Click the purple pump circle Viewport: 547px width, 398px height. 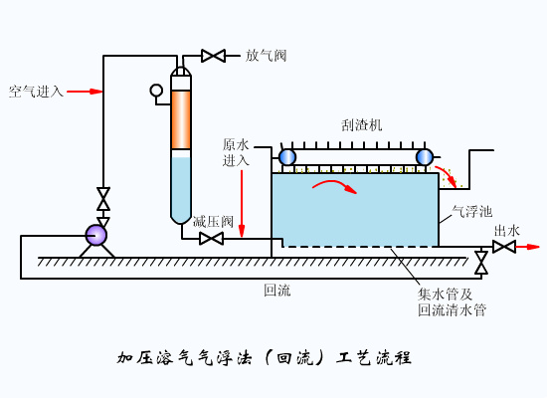[x=95, y=235]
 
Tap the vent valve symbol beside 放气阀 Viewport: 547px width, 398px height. [x=213, y=56]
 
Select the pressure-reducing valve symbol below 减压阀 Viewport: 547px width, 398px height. [x=211, y=239]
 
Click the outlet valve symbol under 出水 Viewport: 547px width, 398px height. [x=504, y=247]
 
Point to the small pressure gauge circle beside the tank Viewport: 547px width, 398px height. [x=156, y=91]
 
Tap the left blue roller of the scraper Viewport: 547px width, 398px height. [x=287, y=156]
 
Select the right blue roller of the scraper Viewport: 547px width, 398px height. [x=425, y=156]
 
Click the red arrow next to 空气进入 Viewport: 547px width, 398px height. [x=87, y=92]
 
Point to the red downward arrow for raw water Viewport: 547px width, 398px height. [x=241, y=204]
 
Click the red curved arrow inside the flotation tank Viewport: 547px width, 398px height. [x=334, y=188]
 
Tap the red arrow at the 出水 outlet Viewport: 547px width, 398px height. [x=529, y=247]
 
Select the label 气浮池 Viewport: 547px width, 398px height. [x=471, y=211]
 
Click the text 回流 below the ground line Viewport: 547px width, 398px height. [x=277, y=292]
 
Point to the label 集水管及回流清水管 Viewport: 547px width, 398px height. [x=452, y=301]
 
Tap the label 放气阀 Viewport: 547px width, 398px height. [x=267, y=56]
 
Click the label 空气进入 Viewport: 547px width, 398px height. [x=36, y=92]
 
